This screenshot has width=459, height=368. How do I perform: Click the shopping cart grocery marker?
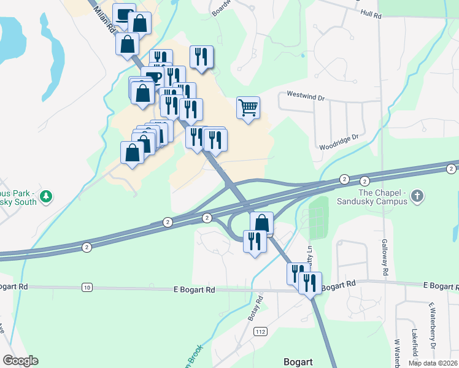[248, 108]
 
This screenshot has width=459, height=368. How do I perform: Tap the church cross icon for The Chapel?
[417, 196]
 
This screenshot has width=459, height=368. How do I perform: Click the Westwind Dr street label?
[304, 96]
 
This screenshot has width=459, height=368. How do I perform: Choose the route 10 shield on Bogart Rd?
[87, 287]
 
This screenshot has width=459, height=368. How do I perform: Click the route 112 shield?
[261, 332]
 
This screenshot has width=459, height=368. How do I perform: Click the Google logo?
[20, 361]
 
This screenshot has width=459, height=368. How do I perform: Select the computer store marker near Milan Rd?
[125, 15]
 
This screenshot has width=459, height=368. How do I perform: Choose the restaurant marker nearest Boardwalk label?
[201, 57]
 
